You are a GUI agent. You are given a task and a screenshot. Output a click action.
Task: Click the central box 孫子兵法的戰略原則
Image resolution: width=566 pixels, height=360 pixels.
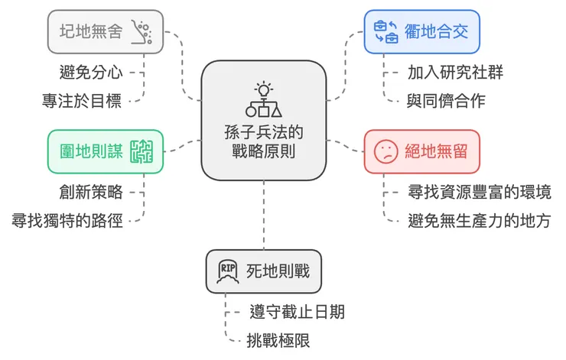264,122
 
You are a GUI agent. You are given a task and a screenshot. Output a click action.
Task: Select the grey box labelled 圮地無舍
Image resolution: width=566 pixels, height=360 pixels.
104,31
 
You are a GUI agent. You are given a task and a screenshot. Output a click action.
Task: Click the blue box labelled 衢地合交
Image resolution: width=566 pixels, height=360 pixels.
421,31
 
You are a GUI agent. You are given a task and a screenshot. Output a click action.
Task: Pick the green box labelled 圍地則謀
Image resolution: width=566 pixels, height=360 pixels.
104,151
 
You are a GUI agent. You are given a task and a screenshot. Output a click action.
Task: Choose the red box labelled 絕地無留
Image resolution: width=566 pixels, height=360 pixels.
421,151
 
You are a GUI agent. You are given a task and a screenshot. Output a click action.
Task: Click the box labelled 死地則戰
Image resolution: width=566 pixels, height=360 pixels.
262,271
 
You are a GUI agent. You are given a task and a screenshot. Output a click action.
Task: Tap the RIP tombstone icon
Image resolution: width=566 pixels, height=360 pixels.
228,271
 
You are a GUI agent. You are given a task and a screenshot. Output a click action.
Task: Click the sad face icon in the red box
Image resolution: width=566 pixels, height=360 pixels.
385,151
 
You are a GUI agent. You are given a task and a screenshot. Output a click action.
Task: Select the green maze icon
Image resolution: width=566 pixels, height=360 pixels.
141,151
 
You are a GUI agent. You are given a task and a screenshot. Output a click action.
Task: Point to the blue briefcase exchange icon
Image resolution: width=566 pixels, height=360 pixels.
385,31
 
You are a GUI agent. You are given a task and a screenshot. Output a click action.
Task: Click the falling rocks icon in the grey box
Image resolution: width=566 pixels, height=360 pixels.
141,31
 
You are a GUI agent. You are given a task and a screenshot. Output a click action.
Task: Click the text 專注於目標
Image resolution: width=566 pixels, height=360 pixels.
81,99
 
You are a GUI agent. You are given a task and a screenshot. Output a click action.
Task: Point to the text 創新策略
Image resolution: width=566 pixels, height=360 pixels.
90,192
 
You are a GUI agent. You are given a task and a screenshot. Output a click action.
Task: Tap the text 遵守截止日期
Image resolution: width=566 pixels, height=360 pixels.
297,312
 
